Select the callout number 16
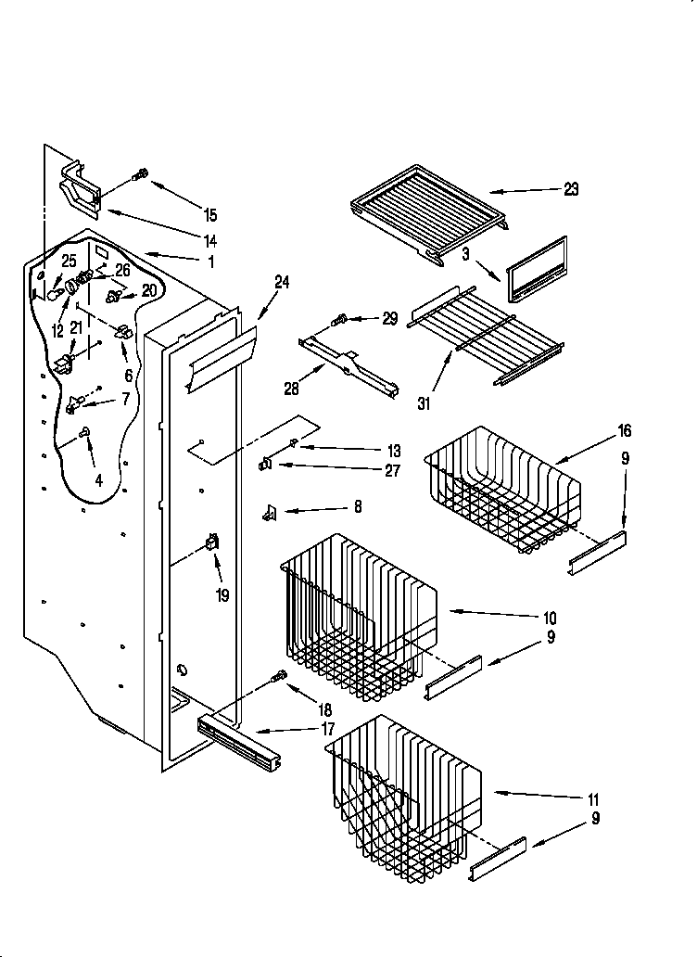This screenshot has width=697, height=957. coord(624,430)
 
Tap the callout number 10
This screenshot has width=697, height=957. coord(549,618)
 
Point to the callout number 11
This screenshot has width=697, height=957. coord(594,798)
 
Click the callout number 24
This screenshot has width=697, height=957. coord(282,283)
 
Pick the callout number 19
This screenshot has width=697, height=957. coord(222,595)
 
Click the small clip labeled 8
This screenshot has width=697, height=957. coord(270,509)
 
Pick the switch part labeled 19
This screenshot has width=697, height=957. coord(212,544)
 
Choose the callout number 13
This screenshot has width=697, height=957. coord(394,451)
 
